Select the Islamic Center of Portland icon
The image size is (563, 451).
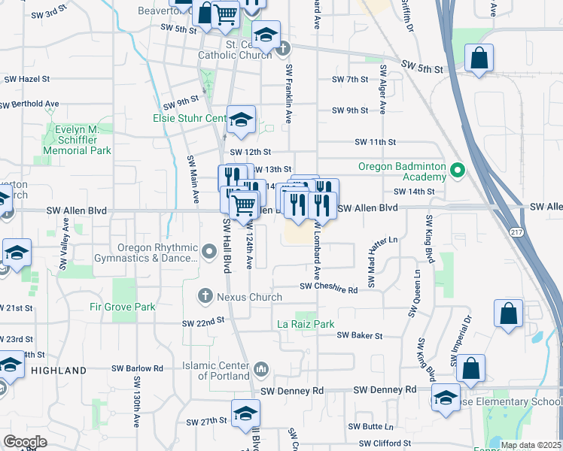pos(260,369)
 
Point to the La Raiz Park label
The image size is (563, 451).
pos(305,324)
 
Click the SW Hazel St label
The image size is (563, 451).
pos(27,78)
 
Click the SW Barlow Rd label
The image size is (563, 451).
pos(137,368)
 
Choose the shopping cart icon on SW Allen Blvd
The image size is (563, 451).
pos(243,204)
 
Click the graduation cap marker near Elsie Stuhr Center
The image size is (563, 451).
pos(241,120)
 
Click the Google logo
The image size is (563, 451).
pos(26,441)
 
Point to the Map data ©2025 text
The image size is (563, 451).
pos(530,445)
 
